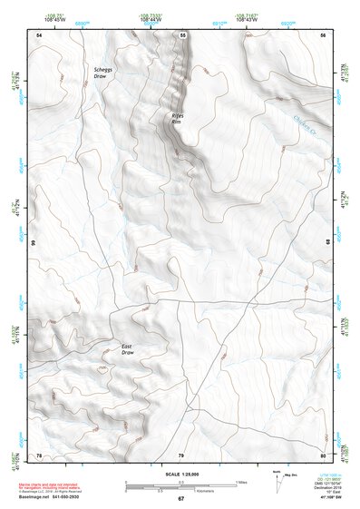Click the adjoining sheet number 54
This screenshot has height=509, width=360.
pos(39,34)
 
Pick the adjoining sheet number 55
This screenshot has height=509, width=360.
pos(181,34)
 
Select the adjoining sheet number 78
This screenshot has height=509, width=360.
pos(39,455)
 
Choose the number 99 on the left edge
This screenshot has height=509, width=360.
pos(34,243)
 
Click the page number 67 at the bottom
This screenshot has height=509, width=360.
pos(180,498)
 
